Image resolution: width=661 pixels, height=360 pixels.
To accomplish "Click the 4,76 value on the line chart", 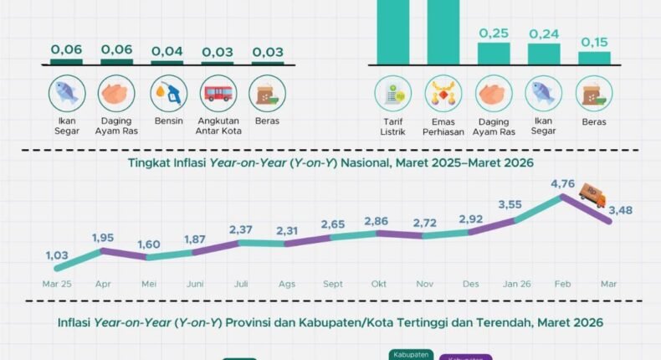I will (x=561, y=184).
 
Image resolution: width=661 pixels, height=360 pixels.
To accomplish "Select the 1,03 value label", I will (x=56, y=255).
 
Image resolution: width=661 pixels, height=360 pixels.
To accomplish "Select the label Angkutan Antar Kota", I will (x=218, y=128).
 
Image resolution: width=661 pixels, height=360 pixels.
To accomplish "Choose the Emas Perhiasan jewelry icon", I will (x=443, y=93).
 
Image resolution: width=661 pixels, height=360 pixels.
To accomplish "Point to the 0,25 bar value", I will (x=494, y=33).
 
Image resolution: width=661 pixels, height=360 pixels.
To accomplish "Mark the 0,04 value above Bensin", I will (x=167, y=50).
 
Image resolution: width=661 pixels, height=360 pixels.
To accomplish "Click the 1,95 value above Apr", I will (x=104, y=238).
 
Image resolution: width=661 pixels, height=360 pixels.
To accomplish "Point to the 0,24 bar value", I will (x=544, y=34).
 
